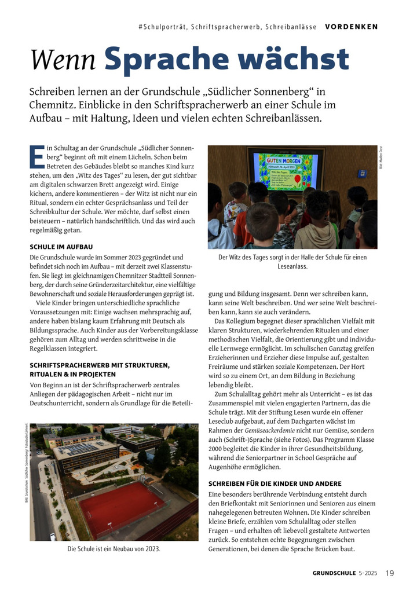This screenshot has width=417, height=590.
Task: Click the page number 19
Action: [390, 573]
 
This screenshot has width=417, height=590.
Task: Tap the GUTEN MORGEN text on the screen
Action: [284, 158]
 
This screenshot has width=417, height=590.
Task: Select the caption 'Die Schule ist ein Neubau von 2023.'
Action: [114, 548]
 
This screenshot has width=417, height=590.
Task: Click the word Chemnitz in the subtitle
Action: [54, 105]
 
